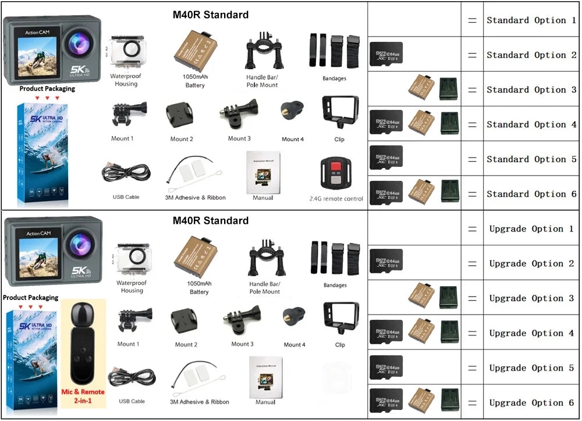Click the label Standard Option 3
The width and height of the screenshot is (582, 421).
[x=531, y=90]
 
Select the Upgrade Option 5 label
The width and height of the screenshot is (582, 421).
[x=531, y=368]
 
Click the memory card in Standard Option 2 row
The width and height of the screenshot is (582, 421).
[x=386, y=54]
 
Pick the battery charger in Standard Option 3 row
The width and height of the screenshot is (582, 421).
[x=449, y=89]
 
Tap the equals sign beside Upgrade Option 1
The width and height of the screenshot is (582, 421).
[x=472, y=229]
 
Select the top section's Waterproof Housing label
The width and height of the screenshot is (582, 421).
[x=126, y=80]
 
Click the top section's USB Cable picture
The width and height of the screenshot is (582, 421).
[x=126, y=173]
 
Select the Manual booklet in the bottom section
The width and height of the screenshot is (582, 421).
[x=265, y=376]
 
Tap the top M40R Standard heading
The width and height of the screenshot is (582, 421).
[x=210, y=15]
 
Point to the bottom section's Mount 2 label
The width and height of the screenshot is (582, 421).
[x=186, y=345]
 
